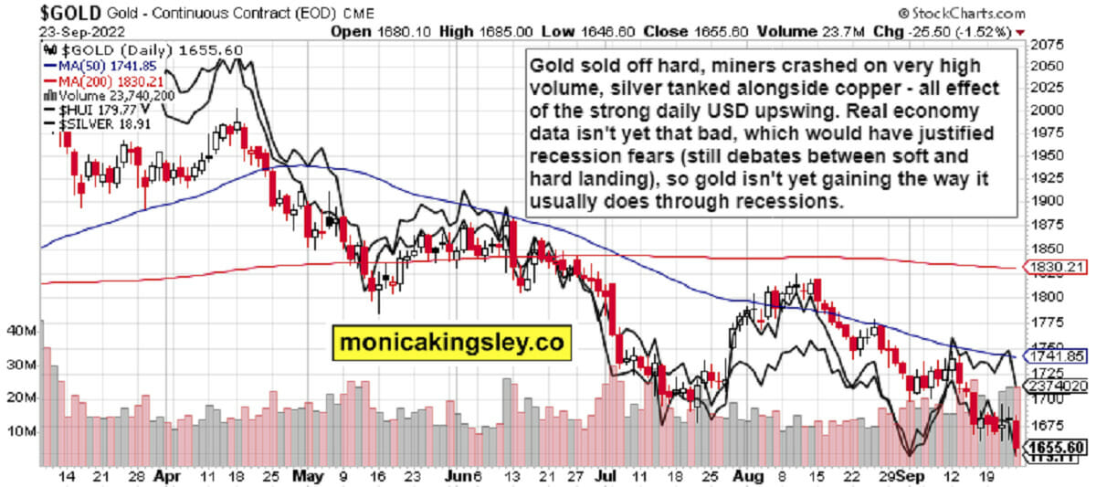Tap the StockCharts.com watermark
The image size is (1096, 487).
967,13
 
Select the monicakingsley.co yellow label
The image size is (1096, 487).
451,343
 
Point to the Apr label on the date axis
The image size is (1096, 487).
166,476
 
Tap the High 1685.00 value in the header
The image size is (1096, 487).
497,30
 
